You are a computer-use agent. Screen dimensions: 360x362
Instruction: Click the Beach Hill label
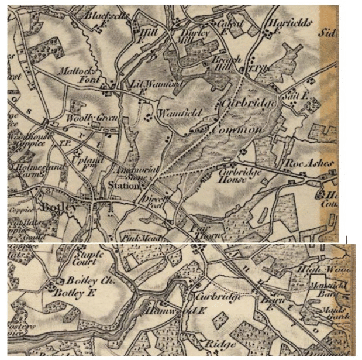pyautogui.click(x=223, y=63)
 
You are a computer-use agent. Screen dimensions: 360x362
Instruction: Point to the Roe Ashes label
pyautogui.click(x=308, y=162)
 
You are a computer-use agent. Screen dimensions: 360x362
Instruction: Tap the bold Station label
pyautogui.click(x=123, y=186)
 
